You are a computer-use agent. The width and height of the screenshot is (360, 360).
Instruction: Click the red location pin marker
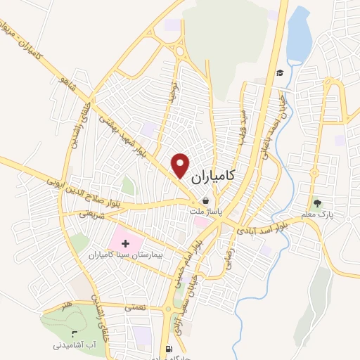(181, 165)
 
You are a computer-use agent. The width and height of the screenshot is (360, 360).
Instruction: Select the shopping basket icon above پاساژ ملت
(205, 200)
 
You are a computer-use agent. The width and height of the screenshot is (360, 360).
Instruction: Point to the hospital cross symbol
(126, 243)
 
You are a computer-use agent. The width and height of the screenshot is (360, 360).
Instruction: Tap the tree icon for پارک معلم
(318, 203)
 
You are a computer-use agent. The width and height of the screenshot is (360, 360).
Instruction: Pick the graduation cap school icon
(279, 73)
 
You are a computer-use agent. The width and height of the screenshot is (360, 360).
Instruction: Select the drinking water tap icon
(75, 333)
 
